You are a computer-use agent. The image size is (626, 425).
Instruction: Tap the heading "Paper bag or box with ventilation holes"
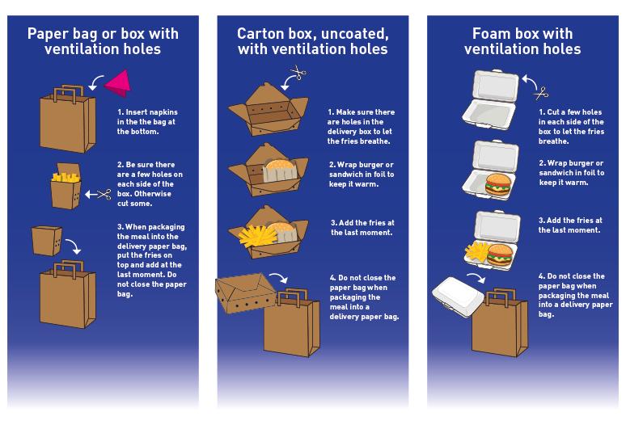point(103,41)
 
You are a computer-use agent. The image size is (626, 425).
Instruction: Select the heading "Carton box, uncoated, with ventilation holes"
point(312,41)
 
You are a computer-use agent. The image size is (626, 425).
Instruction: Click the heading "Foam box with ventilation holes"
point(522,41)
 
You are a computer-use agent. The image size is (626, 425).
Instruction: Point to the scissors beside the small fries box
point(104,193)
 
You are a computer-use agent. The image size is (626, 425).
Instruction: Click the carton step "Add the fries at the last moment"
point(362,227)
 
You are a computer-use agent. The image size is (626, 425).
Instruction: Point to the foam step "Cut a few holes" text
point(571,126)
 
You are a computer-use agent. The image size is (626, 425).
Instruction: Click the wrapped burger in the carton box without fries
point(280,170)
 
